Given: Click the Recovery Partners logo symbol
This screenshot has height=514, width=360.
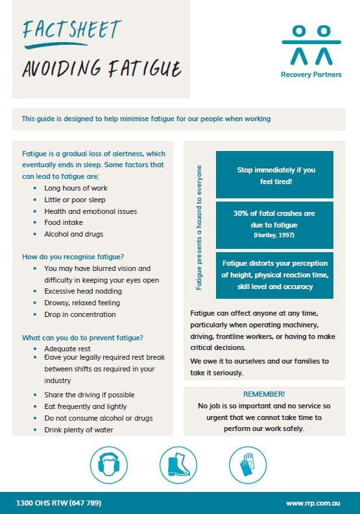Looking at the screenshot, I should point(311,44).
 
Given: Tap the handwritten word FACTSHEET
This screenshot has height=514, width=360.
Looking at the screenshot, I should point(71,30).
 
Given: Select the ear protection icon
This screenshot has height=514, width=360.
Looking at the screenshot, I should point(108,465).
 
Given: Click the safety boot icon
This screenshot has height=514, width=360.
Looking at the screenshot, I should point(178,465).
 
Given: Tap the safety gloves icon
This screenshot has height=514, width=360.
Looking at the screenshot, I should point(248,465).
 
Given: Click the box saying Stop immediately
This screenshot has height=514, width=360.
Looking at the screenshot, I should point(274,176).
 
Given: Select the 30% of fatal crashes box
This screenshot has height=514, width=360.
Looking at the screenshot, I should point(274,222).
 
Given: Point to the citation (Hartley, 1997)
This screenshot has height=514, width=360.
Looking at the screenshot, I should point(274,235).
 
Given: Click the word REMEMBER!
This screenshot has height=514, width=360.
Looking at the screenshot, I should point(264,394).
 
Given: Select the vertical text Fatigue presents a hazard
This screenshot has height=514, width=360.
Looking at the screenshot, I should point(199,226).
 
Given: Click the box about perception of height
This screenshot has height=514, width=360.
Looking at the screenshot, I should point(274,275).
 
